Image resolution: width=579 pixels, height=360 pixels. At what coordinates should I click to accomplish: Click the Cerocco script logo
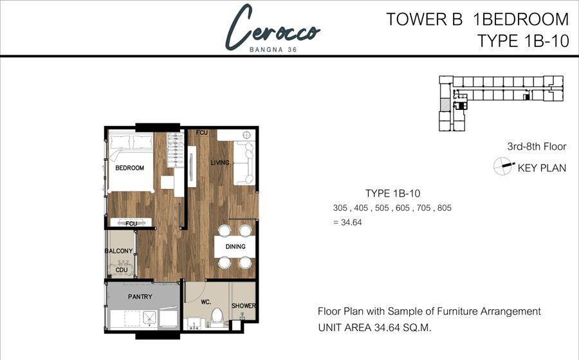point(273,28)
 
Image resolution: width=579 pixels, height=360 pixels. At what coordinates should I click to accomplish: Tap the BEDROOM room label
point(129,168)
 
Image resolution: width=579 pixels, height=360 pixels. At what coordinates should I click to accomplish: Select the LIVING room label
point(220,162)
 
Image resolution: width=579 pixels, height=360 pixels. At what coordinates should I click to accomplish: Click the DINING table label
point(235,246)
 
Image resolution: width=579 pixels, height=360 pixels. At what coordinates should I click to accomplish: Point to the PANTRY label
point(140,296)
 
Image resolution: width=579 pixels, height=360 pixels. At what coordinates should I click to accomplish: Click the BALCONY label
point(118,251)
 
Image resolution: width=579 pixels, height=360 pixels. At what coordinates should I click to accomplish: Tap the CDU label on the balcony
point(122,269)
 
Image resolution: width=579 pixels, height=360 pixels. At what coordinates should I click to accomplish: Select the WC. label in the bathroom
point(206,302)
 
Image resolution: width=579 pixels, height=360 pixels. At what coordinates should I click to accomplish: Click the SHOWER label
point(244,306)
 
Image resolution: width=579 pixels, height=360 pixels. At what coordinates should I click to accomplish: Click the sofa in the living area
point(244,163)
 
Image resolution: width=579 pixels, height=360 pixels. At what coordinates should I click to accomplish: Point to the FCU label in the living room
point(202,132)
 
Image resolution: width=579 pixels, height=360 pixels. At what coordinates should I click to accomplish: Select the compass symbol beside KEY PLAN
point(503,166)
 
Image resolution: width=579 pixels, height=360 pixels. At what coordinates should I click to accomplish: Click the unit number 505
point(382,208)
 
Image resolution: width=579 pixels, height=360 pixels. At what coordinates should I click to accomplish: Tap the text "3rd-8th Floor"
point(537,147)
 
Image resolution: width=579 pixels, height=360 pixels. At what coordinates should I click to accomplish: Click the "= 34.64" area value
point(347,222)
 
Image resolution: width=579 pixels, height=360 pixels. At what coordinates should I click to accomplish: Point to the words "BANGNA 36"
point(273,50)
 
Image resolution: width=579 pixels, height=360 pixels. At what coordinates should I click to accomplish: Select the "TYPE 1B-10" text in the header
point(523,40)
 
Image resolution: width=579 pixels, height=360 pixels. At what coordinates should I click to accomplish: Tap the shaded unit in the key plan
point(445,104)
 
